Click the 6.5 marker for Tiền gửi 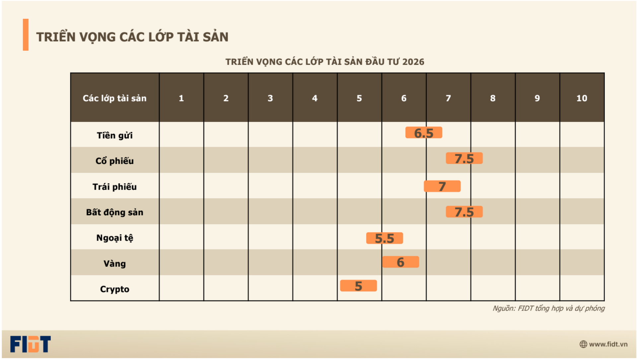point(424,133)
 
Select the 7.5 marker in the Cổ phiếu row point(464,158)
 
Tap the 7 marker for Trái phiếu point(442,186)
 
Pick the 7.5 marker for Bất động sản point(464,212)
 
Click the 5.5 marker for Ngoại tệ point(385,238)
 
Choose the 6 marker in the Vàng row point(400,262)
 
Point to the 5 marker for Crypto point(358,286)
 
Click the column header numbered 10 point(582,98)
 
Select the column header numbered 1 point(181,98)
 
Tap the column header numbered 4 point(315,98)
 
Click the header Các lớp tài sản point(114,98)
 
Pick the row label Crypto point(114,289)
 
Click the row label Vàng point(114,263)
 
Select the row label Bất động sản point(114,212)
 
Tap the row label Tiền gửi point(114,135)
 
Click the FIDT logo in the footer point(30,344)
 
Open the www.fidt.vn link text point(608,344)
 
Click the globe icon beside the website point(583,344)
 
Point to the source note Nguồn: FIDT point(548,308)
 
